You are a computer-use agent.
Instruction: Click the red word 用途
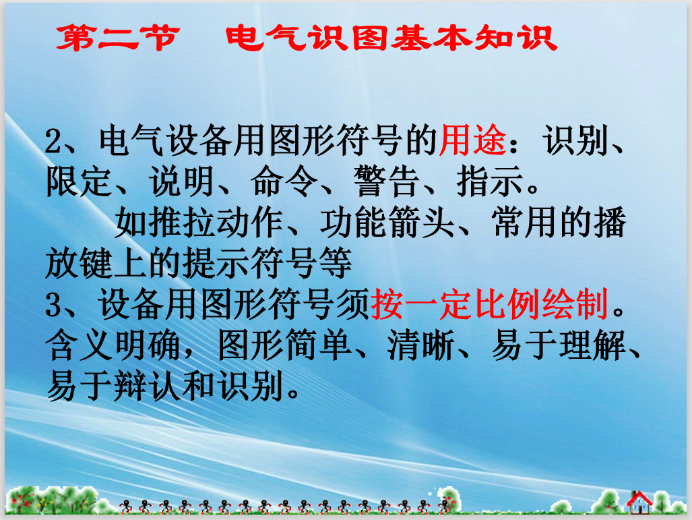[x=472, y=140]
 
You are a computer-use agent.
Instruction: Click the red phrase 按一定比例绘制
[x=490, y=304]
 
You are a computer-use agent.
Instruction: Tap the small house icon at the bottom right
[x=639, y=502]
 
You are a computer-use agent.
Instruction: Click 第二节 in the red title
[x=118, y=38]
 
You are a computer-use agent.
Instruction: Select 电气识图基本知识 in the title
[x=391, y=38]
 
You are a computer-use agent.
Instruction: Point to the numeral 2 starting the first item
[x=55, y=142]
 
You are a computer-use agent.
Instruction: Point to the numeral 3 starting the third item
[x=54, y=306]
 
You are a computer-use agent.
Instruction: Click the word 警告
[x=387, y=181]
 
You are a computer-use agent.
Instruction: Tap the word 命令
[x=284, y=181]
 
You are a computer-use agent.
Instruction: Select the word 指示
[x=490, y=181]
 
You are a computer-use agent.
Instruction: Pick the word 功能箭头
[x=387, y=222]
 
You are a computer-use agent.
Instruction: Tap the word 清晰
[x=421, y=345]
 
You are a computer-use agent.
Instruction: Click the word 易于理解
[x=558, y=345]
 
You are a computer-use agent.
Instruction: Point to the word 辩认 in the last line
[x=148, y=386]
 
